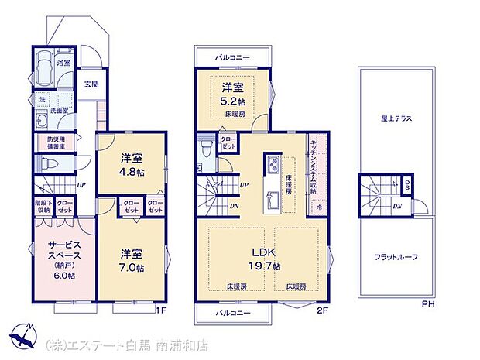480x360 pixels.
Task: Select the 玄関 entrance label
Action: pos(91,84)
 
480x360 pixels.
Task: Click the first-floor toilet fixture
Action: pos(46,163)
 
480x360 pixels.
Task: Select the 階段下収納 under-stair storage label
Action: pos(43,205)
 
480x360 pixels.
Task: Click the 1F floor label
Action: pos(160,310)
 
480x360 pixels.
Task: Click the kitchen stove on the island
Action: pos(273,164)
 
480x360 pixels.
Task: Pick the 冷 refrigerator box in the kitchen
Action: pos(318,207)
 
